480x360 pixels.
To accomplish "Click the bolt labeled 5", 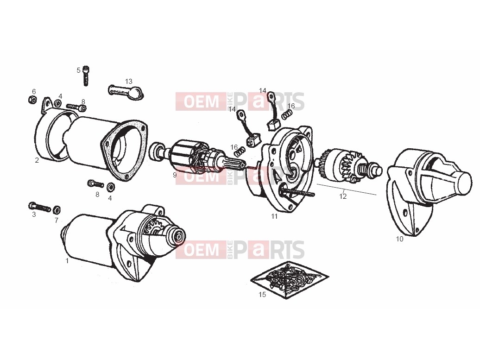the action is (86, 76).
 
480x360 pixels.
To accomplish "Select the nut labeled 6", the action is (32, 100).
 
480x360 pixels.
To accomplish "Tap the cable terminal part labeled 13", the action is (126, 93).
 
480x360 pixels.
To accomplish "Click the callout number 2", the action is (37, 160).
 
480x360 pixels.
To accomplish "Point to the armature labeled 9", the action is (197, 158).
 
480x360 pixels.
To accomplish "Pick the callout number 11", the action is (274, 216).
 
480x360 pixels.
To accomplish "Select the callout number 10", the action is (400, 239).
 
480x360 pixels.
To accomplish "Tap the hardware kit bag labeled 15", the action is (289, 280).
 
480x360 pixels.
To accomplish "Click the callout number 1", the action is (67, 261).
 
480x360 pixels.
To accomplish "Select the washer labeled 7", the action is (57, 210).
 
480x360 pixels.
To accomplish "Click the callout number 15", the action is (262, 295).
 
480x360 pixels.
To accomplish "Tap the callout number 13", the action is (129, 82).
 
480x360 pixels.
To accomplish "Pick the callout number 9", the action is (175, 175).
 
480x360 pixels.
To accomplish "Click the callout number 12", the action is (343, 196).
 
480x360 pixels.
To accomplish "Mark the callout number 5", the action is (78, 70).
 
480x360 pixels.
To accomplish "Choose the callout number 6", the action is (34, 92).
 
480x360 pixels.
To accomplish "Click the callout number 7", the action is (57, 221).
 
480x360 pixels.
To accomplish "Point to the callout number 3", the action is (34, 215).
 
